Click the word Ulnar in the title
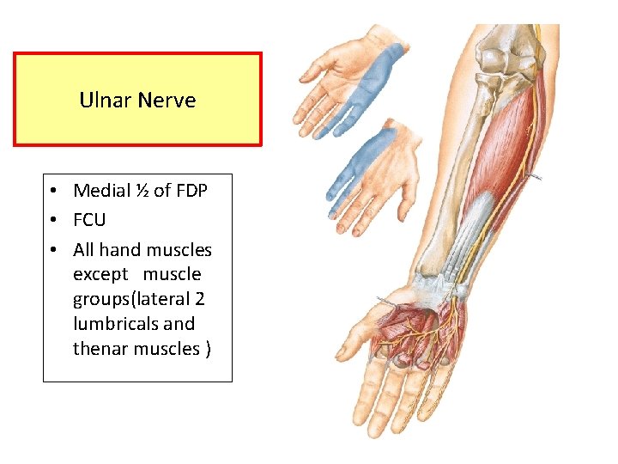click(101, 101)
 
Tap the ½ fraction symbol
click(141, 191)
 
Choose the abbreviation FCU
click(89, 220)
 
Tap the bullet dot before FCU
click(53, 221)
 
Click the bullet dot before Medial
click(53, 191)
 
